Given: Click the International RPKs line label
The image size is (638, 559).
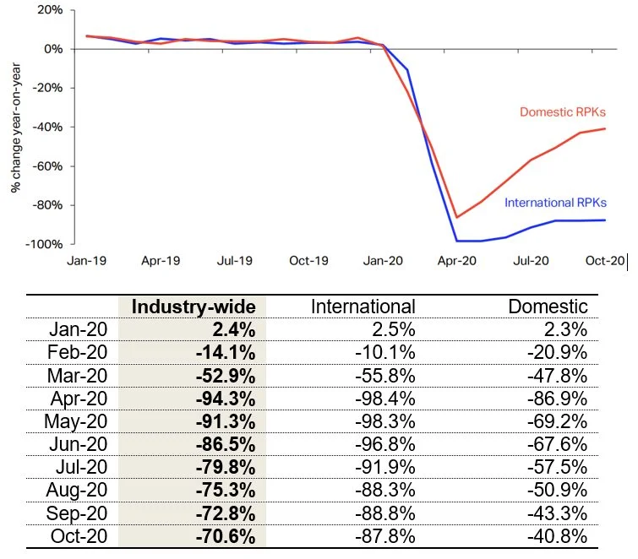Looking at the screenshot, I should coord(555,203).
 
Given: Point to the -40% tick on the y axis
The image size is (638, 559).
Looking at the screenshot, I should coord(49,127).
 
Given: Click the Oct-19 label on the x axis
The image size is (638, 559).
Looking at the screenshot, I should coord(308,261).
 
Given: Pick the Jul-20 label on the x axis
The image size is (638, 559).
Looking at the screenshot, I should coord(529,261).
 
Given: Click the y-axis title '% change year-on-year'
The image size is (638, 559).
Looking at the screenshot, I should coord(15,125).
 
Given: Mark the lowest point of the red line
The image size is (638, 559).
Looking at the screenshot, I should coord(457,217).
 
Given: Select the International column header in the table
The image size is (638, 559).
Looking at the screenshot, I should coord(363,306).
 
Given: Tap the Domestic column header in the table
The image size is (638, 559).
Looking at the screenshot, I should coord(548,306).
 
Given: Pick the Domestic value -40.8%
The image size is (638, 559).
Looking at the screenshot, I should coord(558,534).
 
